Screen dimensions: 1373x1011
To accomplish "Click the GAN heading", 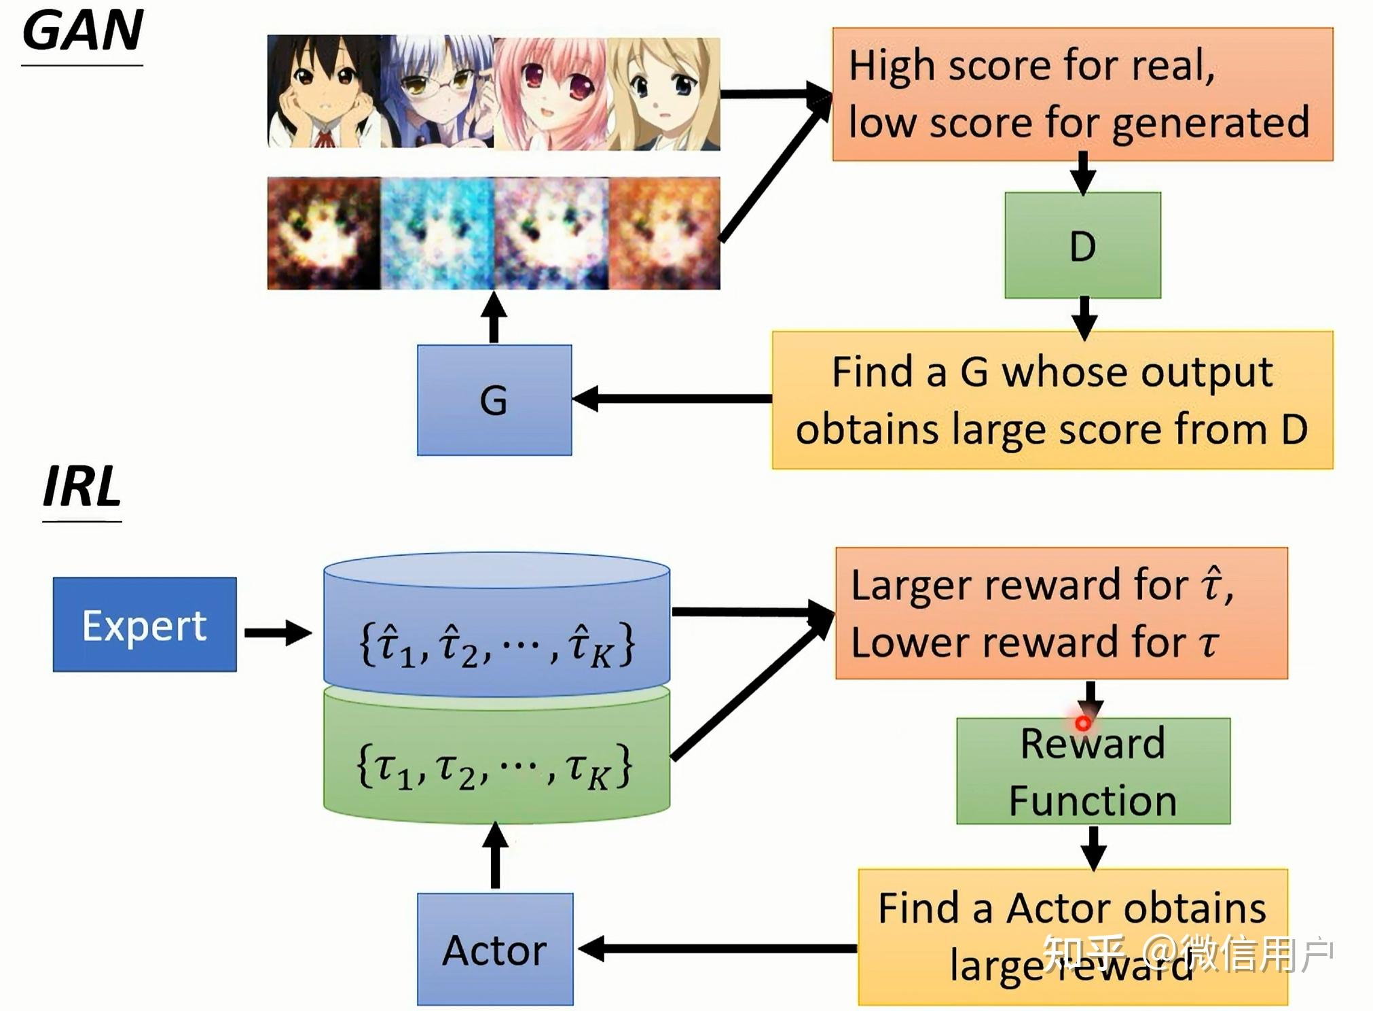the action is click(83, 31).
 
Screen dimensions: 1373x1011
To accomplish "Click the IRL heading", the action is click(82, 486).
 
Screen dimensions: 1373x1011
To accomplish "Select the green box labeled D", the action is click(1082, 245).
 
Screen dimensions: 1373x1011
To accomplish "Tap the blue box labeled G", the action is click(494, 400).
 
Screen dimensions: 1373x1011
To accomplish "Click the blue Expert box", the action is click(145, 624).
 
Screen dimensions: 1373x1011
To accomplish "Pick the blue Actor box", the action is click(495, 949).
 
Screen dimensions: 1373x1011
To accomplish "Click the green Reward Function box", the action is click(1093, 771).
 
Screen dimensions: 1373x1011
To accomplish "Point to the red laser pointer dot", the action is click(1083, 724).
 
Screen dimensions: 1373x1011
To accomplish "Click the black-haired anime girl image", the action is click(324, 92).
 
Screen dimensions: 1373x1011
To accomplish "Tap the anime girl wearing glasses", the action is click(438, 92).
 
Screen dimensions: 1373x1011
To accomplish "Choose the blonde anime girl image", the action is click(664, 94).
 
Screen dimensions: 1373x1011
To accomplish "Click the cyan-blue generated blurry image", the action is click(438, 234).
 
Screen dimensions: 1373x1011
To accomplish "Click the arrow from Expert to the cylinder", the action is click(278, 633).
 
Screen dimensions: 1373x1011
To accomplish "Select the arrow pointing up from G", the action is click(494, 317).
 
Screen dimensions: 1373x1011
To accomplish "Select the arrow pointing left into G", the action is click(672, 399).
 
